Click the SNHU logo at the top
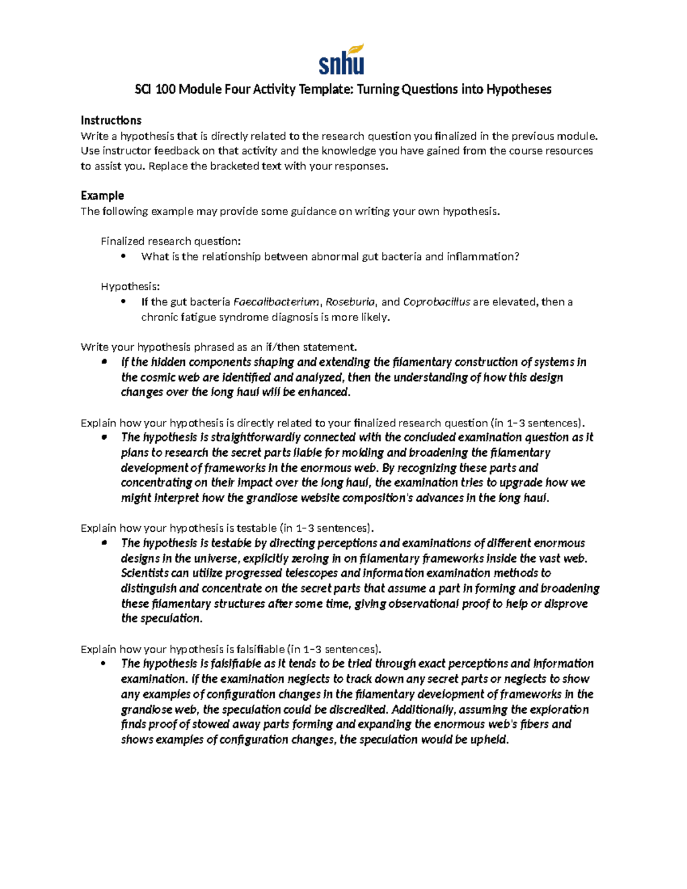pyautogui.click(x=341, y=60)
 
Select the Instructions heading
pyautogui.click(x=110, y=120)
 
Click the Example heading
pyautogui.click(x=102, y=196)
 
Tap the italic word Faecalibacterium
pyautogui.click(x=276, y=302)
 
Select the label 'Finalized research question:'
pyautogui.click(x=171, y=241)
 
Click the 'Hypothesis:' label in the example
pyautogui.click(x=130, y=286)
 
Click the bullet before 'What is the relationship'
pyautogui.click(x=123, y=256)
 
